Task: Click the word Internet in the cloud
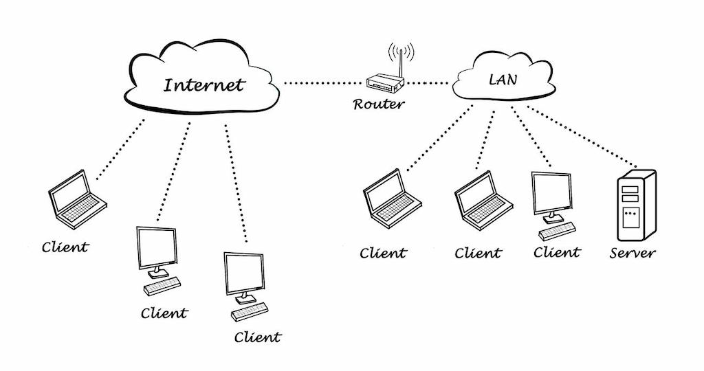pos(204,85)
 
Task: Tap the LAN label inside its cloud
pos(503,80)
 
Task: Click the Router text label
pos(379,105)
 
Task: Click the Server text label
pos(632,253)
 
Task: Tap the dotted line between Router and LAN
pos(430,84)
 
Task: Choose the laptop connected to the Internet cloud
pos(76,199)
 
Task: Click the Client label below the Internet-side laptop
pos(65,247)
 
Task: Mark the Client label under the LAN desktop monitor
pos(556,252)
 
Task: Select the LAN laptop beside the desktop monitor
pos(483,199)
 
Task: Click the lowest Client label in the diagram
pos(257,337)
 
